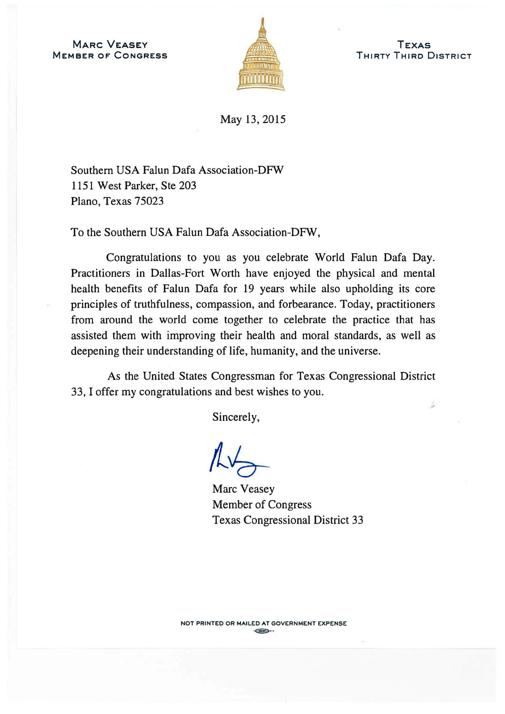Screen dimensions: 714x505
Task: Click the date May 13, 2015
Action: click(252, 119)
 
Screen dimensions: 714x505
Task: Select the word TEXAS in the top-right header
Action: click(414, 45)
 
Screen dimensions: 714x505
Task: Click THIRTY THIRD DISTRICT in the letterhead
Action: click(414, 56)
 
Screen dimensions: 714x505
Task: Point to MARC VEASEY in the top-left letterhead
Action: click(110, 45)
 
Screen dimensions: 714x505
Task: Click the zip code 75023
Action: click(149, 201)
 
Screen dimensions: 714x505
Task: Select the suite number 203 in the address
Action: click(187, 186)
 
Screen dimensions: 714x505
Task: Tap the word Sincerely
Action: click(236, 417)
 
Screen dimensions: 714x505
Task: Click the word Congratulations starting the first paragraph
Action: click(143, 258)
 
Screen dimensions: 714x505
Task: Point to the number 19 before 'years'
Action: click(249, 289)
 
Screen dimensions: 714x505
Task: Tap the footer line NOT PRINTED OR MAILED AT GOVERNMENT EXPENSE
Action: click(263, 624)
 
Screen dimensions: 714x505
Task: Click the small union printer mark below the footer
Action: click(263, 632)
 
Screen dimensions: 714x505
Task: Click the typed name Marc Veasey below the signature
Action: click(243, 489)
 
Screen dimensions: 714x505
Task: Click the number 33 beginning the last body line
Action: click(77, 392)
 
